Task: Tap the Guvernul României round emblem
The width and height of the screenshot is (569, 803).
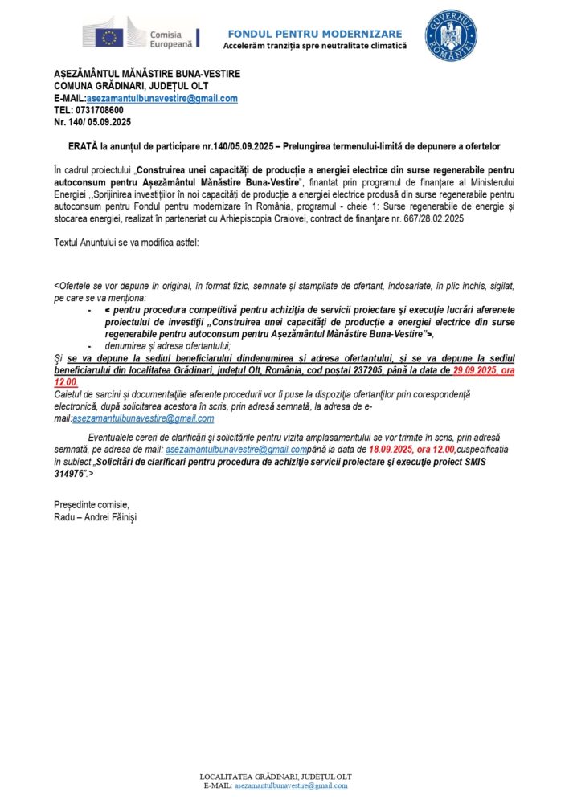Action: (x=451, y=35)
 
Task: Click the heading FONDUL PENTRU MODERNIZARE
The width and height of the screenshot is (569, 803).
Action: (x=315, y=34)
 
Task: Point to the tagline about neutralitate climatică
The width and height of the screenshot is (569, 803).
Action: (x=315, y=46)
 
